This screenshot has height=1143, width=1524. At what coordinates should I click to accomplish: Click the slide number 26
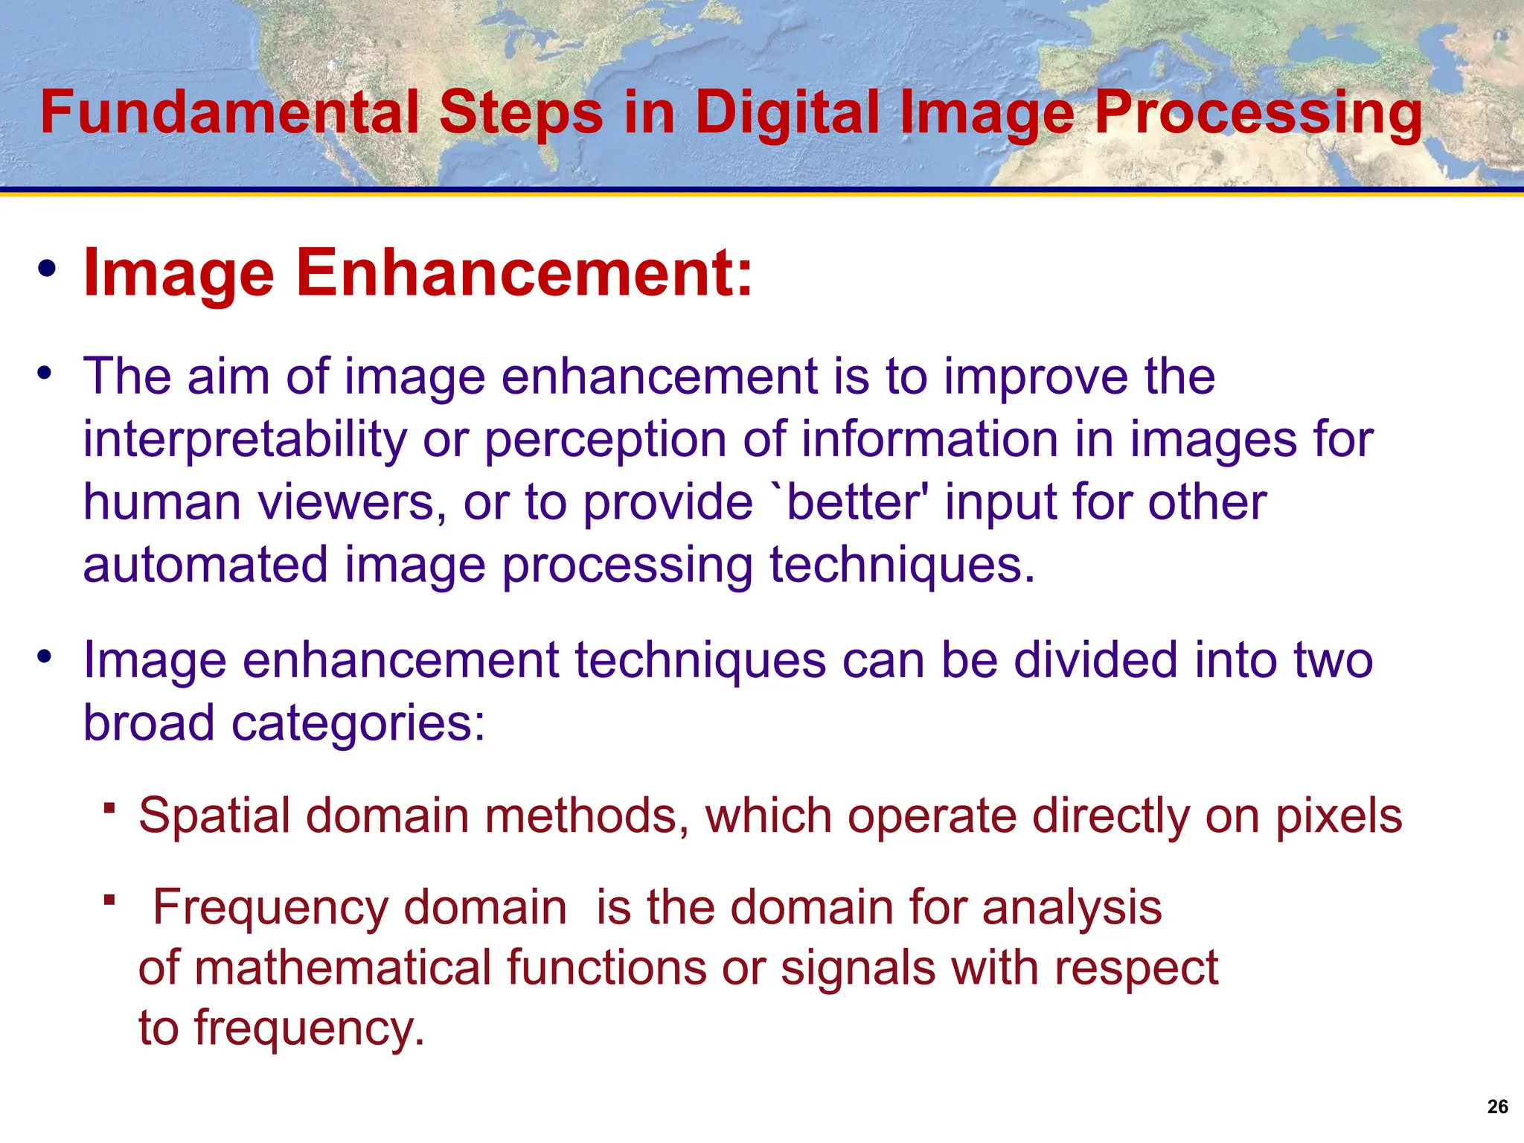point(1497,1107)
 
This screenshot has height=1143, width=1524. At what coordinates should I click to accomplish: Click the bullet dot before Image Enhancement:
point(47,269)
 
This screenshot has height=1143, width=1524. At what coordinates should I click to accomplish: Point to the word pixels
point(1339,816)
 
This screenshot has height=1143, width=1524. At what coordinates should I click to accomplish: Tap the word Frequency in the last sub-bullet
point(270,908)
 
